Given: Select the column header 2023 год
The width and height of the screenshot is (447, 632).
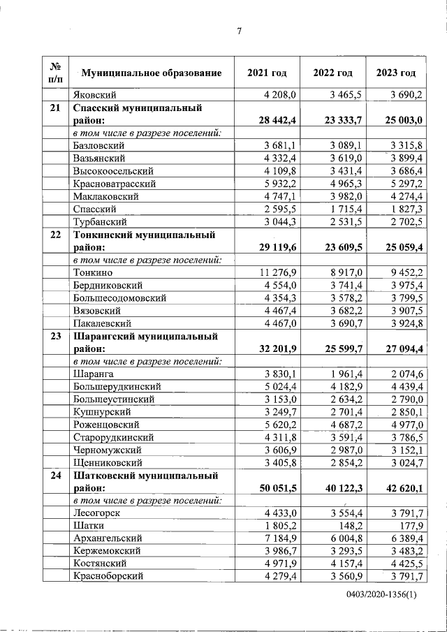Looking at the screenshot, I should pos(395,73).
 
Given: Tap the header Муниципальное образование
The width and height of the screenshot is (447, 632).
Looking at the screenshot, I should pos(152,73).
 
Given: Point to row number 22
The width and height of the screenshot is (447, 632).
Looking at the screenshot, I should pos(55,235).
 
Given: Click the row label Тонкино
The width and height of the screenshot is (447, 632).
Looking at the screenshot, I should pos(93,272).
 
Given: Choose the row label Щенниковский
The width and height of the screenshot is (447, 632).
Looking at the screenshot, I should pos(108,462).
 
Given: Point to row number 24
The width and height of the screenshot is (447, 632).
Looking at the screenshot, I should pos(55,475).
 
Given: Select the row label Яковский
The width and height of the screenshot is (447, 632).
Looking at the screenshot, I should pos(94,94).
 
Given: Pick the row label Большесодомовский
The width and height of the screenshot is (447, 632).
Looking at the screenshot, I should pos(119,297).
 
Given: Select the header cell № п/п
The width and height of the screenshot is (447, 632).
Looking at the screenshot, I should pos(55,73).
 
